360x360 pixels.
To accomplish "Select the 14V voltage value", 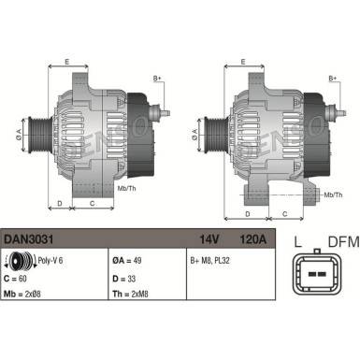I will click(210, 239).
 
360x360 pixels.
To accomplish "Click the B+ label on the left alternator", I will click(157, 78).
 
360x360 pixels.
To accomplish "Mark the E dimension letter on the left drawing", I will click(66, 62).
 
